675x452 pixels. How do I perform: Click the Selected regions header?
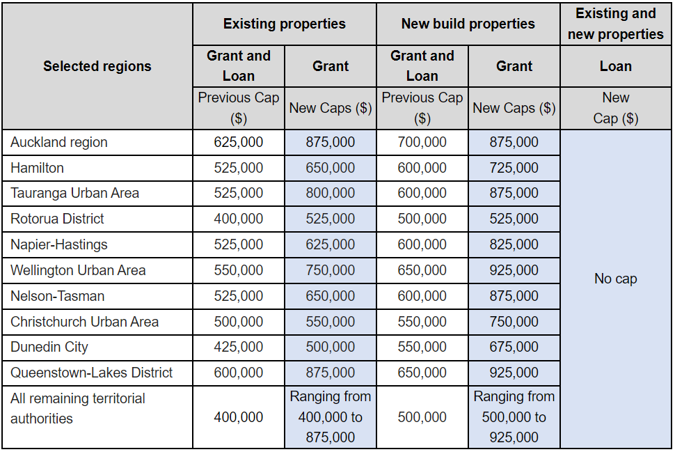(x=97, y=66)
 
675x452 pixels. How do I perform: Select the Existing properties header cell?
(x=284, y=24)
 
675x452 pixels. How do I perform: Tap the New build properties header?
(x=468, y=24)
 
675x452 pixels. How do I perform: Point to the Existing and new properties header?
(x=615, y=24)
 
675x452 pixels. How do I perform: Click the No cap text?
(x=615, y=279)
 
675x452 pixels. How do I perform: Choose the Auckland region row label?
(x=59, y=142)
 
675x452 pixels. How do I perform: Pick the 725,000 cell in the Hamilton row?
(x=514, y=168)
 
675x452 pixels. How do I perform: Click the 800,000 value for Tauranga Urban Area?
(x=330, y=193)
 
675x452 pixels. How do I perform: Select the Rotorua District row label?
(x=57, y=219)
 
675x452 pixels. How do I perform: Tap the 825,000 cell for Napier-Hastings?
(x=514, y=244)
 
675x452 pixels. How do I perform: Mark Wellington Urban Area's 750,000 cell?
(x=330, y=270)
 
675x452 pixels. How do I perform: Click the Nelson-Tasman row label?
(x=57, y=296)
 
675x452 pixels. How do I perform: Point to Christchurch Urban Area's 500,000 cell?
(x=238, y=322)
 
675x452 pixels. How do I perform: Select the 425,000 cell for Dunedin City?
(x=238, y=347)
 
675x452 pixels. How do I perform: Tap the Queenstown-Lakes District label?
(x=91, y=373)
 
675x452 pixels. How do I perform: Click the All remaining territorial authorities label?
(x=78, y=408)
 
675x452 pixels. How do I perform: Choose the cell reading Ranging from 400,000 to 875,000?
(x=330, y=416)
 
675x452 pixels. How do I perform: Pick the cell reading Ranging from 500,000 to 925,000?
(x=514, y=416)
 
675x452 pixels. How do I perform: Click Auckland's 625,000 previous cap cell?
(x=238, y=142)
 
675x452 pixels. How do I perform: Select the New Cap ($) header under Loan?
(x=615, y=108)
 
